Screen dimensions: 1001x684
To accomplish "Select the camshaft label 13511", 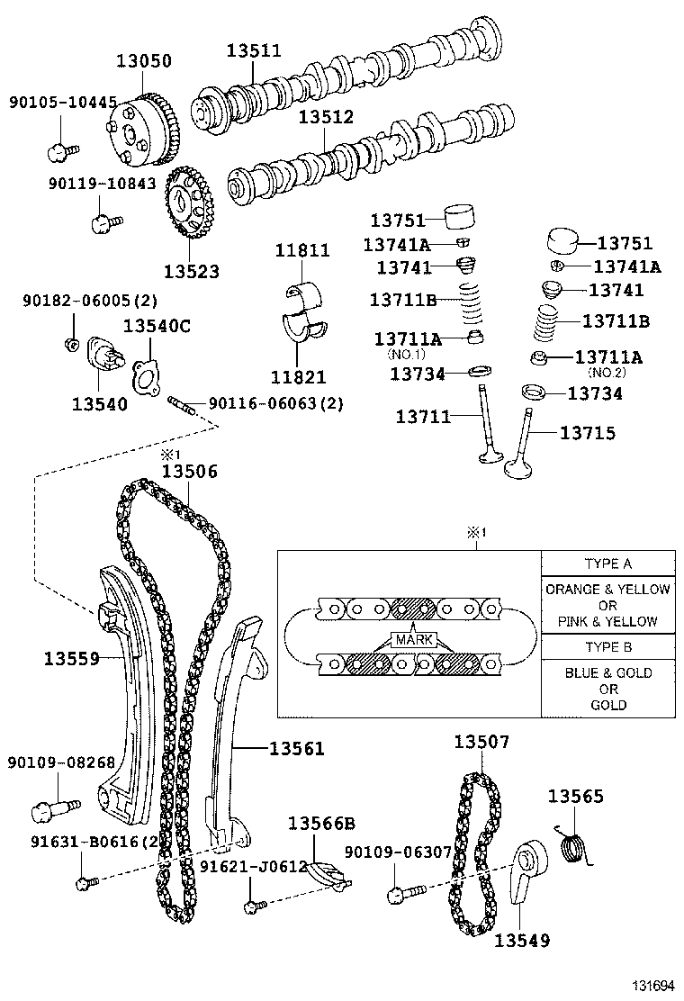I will coord(253,51).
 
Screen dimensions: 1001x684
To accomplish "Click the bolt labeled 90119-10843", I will coord(104,219).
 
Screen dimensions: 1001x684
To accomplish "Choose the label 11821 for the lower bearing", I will coord(301,377).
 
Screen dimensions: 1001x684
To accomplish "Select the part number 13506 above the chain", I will coord(189,471).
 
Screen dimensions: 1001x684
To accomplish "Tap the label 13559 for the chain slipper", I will coord(71,658).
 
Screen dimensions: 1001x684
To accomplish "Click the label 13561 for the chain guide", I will coord(296,747).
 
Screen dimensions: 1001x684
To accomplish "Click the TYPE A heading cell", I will coord(607,564).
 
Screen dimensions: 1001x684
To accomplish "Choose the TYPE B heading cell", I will coord(607,647).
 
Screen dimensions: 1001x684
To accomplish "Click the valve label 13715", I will coord(588,433).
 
